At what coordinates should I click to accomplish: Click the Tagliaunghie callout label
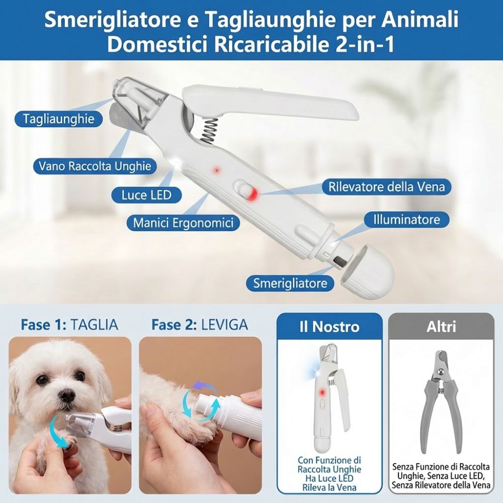click(x=58, y=119)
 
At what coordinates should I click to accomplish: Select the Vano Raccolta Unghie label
click(x=95, y=165)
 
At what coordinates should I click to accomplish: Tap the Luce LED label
click(x=146, y=195)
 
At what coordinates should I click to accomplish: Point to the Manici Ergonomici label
click(x=183, y=222)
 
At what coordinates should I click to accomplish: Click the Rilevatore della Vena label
click(x=387, y=187)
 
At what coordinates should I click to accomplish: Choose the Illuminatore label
click(x=406, y=219)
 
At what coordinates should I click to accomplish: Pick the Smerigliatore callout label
click(x=290, y=283)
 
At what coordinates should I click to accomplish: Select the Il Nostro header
click(x=329, y=326)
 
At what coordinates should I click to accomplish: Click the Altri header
click(x=441, y=326)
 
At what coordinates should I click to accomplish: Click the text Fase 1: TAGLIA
click(x=69, y=324)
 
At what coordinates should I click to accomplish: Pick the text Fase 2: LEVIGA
click(x=200, y=324)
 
